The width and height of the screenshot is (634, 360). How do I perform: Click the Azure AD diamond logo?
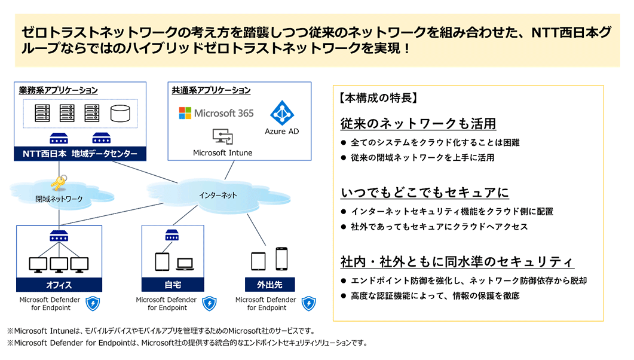tap(282, 112)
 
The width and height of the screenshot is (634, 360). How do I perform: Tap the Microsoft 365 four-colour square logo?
tap(185, 113)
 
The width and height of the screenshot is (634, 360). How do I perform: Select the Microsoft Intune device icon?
tap(223, 136)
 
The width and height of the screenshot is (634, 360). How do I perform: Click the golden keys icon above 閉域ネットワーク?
tap(59, 182)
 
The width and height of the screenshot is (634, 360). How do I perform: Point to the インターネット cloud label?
tap(218, 195)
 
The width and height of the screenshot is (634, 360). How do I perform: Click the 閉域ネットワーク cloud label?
tap(59, 199)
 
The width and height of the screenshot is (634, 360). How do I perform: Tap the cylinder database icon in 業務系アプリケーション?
tap(120, 113)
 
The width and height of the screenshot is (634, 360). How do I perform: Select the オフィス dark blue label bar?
tap(59, 285)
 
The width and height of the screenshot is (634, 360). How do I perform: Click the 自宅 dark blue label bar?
tap(173, 285)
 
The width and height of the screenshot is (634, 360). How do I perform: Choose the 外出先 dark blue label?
tap(269, 285)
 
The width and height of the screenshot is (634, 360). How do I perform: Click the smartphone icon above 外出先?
tap(281, 259)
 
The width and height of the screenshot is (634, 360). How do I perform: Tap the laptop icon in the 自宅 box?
tap(185, 264)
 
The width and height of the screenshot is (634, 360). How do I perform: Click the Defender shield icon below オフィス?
tap(93, 303)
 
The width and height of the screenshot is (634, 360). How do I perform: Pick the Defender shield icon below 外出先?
tap(309, 303)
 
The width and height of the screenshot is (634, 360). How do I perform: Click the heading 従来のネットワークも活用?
tap(418, 124)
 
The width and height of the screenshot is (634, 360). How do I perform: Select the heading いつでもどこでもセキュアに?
tap(424, 193)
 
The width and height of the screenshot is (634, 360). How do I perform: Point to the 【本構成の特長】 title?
tap(378, 98)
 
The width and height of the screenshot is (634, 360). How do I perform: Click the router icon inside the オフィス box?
tap(59, 236)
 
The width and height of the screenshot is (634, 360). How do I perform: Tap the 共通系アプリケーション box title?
tap(211, 90)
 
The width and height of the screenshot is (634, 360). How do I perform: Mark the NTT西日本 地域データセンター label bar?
tap(80, 154)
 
